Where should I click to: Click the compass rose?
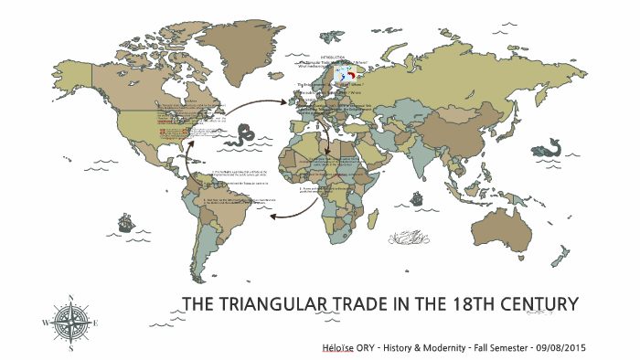[71, 321]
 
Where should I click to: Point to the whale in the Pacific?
[552, 148]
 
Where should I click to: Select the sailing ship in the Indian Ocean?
[418, 197]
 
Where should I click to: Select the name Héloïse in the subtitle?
[341, 348]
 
